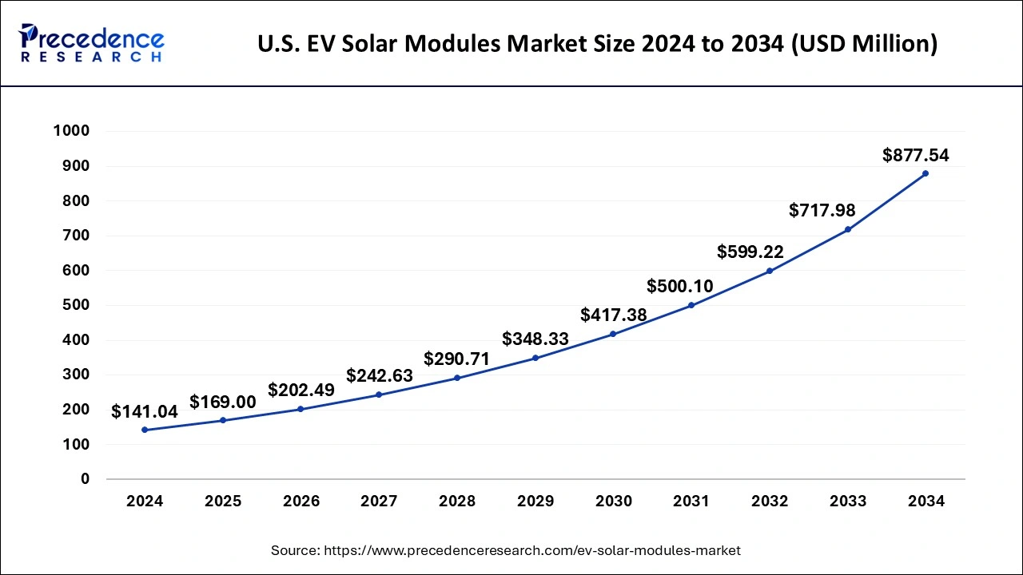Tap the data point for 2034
(925, 173)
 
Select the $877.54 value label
(915, 156)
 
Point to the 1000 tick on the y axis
(71, 131)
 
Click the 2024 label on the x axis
(145, 502)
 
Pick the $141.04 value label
(145, 412)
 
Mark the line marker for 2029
(535, 358)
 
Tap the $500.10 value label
(679, 286)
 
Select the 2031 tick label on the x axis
(691, 502)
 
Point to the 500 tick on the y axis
(76, 305)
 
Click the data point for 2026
(301, 409)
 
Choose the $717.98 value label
(822, 211)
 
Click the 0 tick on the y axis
(84, 479)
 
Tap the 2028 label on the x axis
(457, 502)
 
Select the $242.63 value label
(379, 375)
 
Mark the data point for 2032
(770, 271)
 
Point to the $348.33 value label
(535, 339)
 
